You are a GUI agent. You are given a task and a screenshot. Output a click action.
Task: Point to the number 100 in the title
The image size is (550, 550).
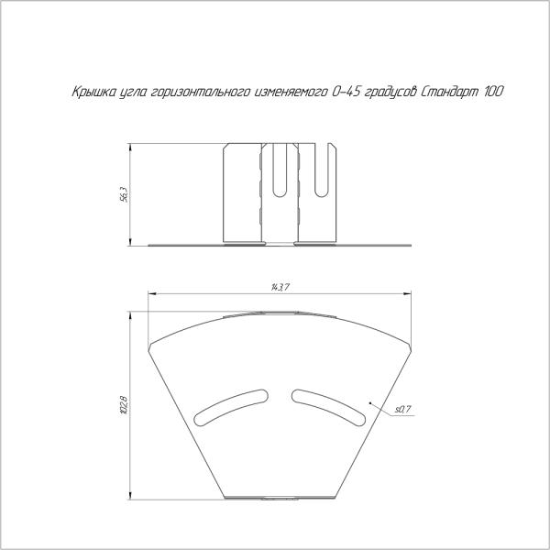(493, 92)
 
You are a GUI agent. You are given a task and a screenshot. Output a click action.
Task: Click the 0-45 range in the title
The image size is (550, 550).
(345, 92)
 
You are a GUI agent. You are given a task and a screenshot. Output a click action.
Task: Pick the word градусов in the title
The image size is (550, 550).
(390, 93)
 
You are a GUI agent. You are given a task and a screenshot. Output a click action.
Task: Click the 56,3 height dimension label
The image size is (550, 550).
(124, 194)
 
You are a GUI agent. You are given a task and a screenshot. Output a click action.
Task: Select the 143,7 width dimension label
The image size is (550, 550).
(280, 287)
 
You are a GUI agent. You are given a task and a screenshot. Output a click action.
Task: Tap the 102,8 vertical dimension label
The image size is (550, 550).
(124, 405)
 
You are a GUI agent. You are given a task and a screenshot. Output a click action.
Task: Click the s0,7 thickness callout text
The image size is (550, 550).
(403, 409)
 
